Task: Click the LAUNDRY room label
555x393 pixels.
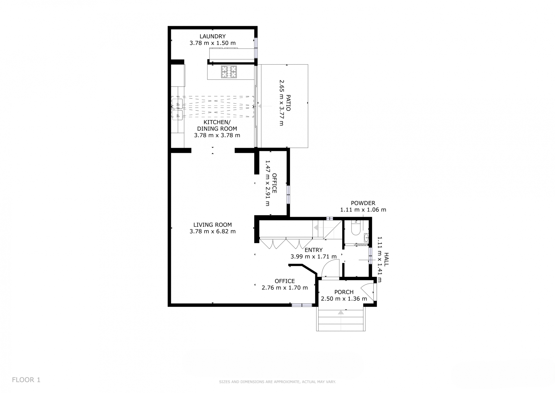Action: [212, 36]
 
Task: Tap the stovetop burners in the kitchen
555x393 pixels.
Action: [229, 72]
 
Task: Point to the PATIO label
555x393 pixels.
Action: [288, 103]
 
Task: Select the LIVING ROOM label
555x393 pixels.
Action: [212, 225]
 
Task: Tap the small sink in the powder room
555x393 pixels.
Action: [366, 238]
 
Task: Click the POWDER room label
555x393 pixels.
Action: [363, 203]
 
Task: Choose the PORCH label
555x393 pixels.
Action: [344, 292]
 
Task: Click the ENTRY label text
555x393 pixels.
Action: [314, 250]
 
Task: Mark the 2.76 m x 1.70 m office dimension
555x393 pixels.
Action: [285, 288]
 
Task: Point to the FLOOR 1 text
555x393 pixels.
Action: [26, 380]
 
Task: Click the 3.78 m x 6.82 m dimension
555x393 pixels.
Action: [212, 231]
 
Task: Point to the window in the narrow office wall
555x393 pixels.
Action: [288, 194]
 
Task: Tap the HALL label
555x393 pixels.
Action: [386, 259]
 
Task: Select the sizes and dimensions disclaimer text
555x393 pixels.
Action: [277, 382]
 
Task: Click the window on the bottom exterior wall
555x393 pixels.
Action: [302, 305]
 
